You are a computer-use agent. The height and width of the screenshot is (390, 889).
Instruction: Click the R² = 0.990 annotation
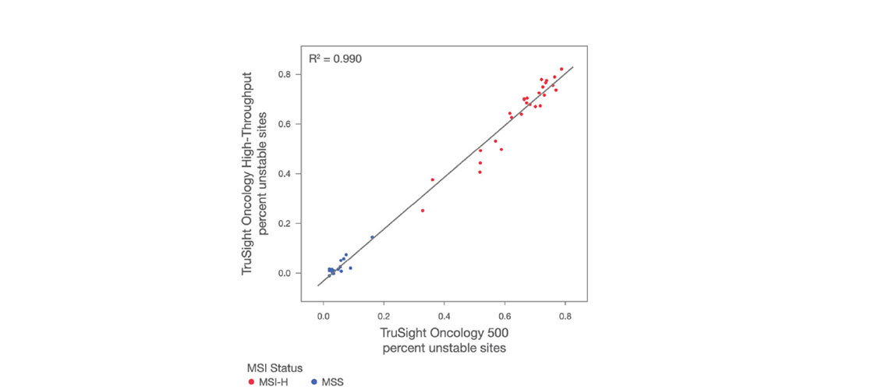[335, 58]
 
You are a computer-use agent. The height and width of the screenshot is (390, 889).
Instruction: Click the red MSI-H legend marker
[250, 381]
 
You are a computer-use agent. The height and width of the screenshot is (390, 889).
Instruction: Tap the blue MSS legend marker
[313, 381]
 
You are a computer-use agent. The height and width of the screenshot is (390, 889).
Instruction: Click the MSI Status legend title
[274, 367]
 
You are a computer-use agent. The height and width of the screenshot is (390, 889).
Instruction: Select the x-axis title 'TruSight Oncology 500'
[444, 333]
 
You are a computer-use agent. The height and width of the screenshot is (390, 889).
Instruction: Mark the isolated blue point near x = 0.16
[372, 237]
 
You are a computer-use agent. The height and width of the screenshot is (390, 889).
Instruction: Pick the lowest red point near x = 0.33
[423, 211]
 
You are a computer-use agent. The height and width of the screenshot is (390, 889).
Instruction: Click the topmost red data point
[561, 69]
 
